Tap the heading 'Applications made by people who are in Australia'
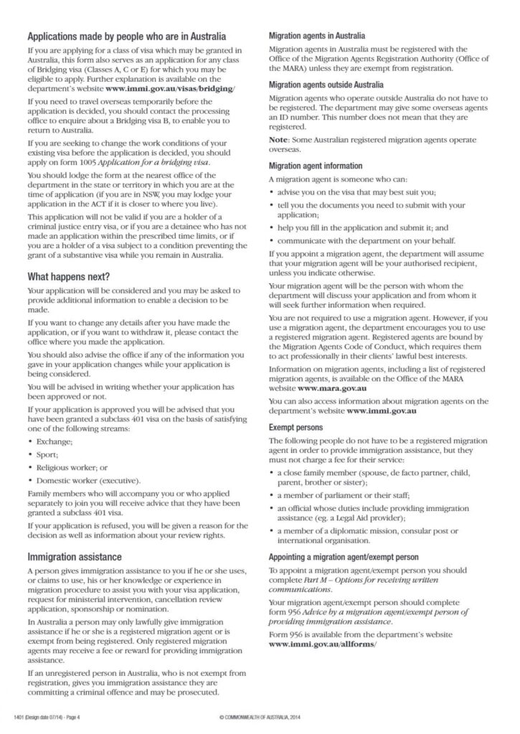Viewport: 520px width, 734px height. click(x=126, y=36)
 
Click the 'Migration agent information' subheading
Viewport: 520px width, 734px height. click(x=315, y=166)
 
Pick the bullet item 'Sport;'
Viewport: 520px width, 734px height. click(x=47, y=454)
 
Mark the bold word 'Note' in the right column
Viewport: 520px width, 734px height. click(x=278, y=140)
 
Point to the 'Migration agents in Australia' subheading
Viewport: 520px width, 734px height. click(x=316, y=35)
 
